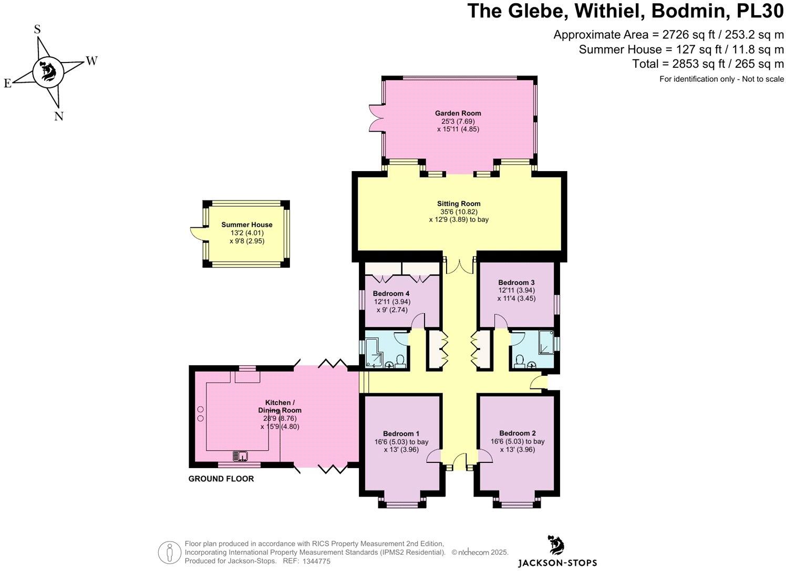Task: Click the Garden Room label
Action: [x=458, y=113]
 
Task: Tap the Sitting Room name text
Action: [x=459, y=204]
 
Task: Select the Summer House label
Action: [x=246, y=225]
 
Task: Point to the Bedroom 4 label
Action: [x=391, y=293]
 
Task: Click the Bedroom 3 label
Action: [x=516, y=282]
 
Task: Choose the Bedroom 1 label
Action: [x=401, y=433]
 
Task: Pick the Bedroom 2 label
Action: [x=517, y=433]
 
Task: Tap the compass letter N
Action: [x=59, y=117]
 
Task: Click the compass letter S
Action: [x=37, y=29]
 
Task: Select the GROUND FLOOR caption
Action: [x=221, y=479]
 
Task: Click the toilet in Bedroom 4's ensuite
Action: [x=400, y=361]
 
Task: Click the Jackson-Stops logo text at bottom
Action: [x=557, y=563]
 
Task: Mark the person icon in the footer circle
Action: [x=170, y=552]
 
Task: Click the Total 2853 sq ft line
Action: [x=708, y=64]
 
